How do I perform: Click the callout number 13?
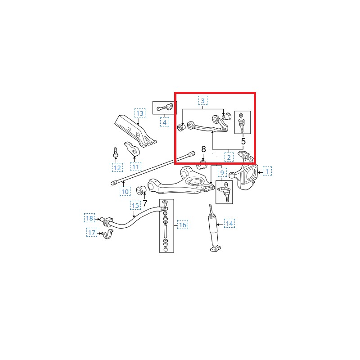pyautogui.click(x=140, y=113)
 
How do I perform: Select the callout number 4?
pyautogui.click(x=164, y=122)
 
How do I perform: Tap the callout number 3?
pyautogui.click(x=203, y=100)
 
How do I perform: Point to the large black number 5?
pyautogui.click(x=243, y=141)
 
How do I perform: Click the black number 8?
pyautogui.click(x=203, y=149)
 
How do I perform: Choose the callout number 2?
pyautogui.click(x=229, y=157)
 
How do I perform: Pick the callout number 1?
pyautogui.click(x=267, y=171)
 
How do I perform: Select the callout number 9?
pyautogui.click(x=222, y=173)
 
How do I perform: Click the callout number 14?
pyautogui.click(x=229, y=223)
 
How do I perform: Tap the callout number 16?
pyautogui.click(x=183, y=225)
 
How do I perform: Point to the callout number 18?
pyautogui.click(x=90, y=218)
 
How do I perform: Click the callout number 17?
pyautogui.click(x=92, y=233)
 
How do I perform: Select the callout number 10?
pyautogui.click(x=125, y=192)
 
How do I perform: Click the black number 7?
pyautogui.click(x=145, y=203)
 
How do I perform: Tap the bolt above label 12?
pyautogui.click(x=116, y=152)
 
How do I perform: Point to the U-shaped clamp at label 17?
pyautogui.click(x=107, y=234)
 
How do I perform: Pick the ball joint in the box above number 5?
pyautogui.click(x=241, y=122)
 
